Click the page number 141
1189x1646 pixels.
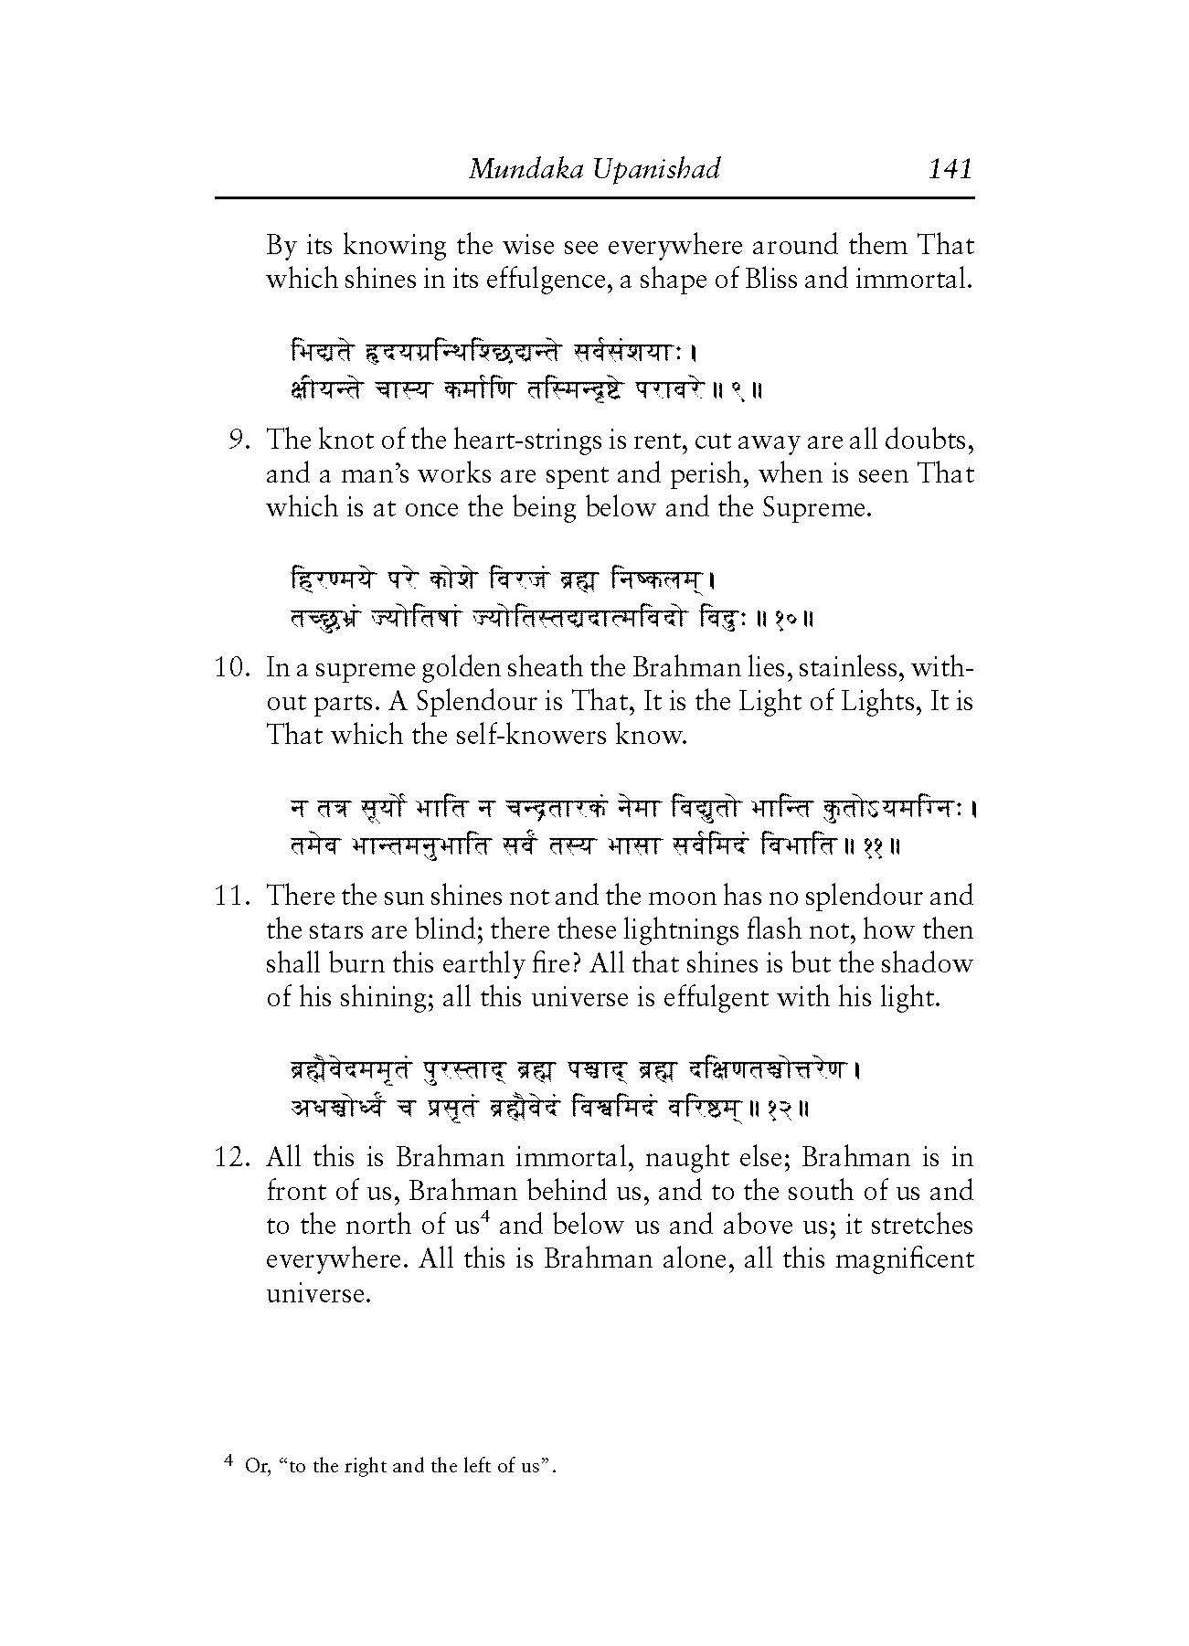pyautogui.click(x=949, y=169)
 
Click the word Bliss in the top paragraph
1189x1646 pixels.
pyautogui.click(x=769, y=279)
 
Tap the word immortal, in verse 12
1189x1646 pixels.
pyautogui.click(x=572, y=1158)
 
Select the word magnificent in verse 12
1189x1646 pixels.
pyautogui.click(x=891, y=1259)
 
